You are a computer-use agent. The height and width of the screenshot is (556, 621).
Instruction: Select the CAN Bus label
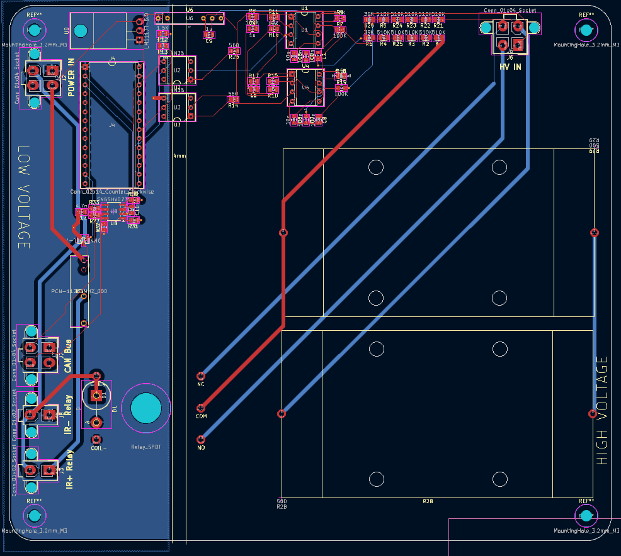[68, 355]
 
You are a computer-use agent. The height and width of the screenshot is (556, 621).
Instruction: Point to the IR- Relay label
[69, 413]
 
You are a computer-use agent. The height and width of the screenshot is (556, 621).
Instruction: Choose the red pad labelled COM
[201, 408]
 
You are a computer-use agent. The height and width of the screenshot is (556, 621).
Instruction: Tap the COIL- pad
[96, 439]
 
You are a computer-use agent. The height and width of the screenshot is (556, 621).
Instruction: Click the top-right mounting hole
[586, 30]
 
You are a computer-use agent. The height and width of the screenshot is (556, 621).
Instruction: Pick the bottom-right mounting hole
[586, 516]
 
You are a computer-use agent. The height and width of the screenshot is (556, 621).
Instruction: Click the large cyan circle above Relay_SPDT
[146, 408]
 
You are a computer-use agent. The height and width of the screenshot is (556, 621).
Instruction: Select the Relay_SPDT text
[145, 448]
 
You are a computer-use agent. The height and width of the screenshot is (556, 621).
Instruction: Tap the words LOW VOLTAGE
[23, 198]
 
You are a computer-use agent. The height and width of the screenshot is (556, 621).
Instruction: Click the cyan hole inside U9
[80, 30]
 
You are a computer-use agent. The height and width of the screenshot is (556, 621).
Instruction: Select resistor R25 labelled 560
[234, 51]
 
